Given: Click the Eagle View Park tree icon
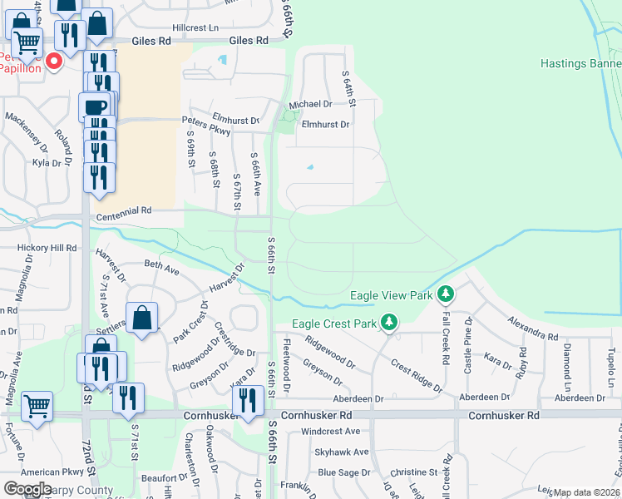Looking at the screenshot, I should [x=447, y=294].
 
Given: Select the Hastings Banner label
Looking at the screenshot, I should [x=580, y=63].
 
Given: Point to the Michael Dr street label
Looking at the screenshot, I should [x=310, y=105].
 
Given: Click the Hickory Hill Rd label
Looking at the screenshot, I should [x=47, y=248].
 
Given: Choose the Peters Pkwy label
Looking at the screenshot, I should [x=205, y=120].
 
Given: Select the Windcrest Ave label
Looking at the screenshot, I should [x=330, y=432].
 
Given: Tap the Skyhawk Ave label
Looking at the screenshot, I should [x=342, y=452].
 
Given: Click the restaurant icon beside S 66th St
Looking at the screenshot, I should [x=248, y=401].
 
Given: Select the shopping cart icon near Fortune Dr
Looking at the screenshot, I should [x=37, y=408].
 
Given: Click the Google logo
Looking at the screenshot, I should [x=27, y=489].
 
